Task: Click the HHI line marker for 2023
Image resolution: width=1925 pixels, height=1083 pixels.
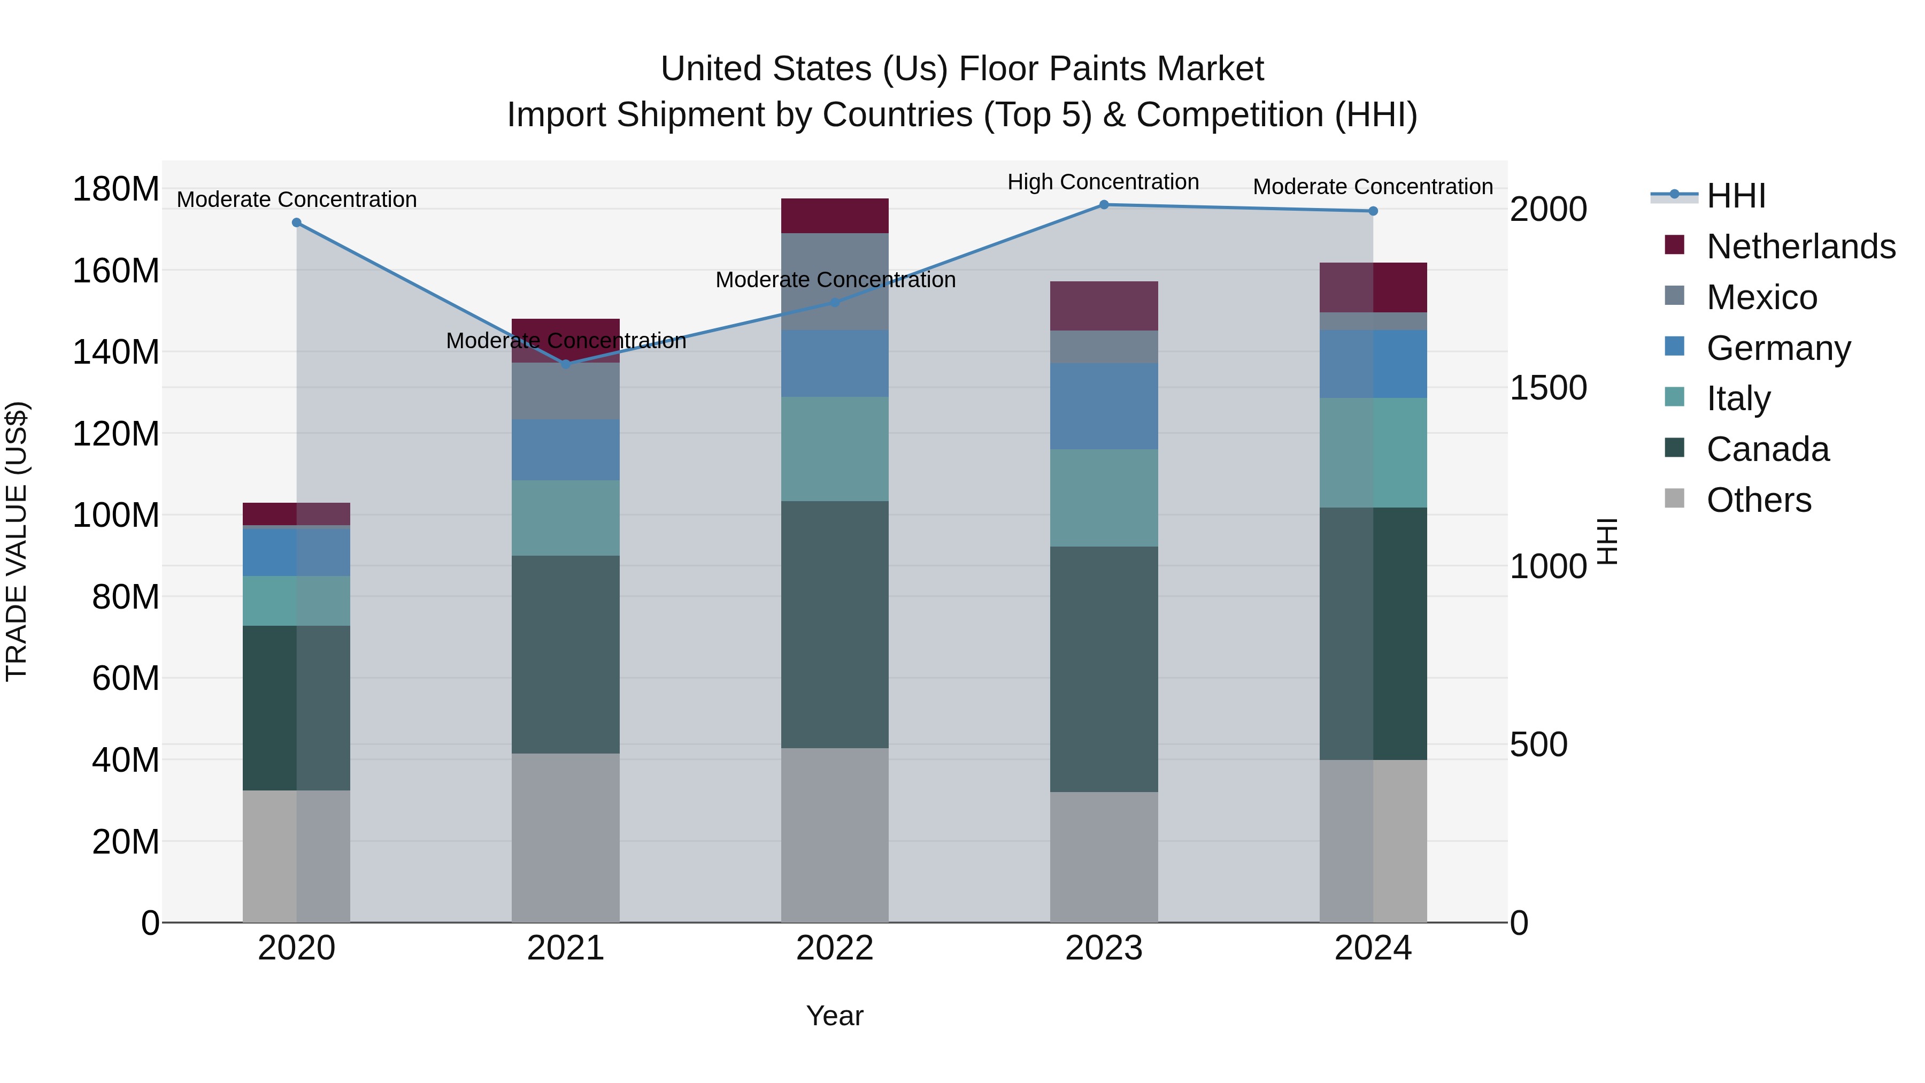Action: tap(1104, 205)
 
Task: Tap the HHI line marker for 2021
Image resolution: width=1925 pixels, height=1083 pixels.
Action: tap(566, 364)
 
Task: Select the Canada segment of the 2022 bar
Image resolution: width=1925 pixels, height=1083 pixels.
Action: tap(835, 624)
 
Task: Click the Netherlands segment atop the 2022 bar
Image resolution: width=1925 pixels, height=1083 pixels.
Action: tap(835, 216)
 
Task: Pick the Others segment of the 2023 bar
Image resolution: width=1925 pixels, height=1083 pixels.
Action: tap(1104, 857)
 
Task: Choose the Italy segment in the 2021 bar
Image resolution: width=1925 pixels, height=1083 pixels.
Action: tap(566, 517)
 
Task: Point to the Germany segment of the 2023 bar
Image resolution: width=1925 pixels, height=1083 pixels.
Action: tap(1104, 406)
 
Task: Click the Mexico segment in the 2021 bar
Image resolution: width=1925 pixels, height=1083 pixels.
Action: tap(566, 391)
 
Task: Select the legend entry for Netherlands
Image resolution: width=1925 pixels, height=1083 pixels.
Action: tap(1800, 247)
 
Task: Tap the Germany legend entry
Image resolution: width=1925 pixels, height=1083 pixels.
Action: tap(1778, 348)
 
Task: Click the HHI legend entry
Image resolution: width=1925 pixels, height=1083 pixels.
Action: tap(1735, 196)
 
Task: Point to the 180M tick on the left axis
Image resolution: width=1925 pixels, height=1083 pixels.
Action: tap(116, 189)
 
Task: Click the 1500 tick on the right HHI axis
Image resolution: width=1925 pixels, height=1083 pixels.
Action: tap(1547, 388)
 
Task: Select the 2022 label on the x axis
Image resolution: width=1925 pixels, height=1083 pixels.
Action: tap(835, 948)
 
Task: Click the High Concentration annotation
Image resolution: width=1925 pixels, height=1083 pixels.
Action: tap(1103, 182)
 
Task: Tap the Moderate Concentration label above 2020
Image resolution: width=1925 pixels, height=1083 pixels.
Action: tap(297, 199)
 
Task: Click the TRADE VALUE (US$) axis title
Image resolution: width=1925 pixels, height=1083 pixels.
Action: tap(17, 541)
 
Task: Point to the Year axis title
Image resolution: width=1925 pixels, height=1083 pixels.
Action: tap(835, 1016)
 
